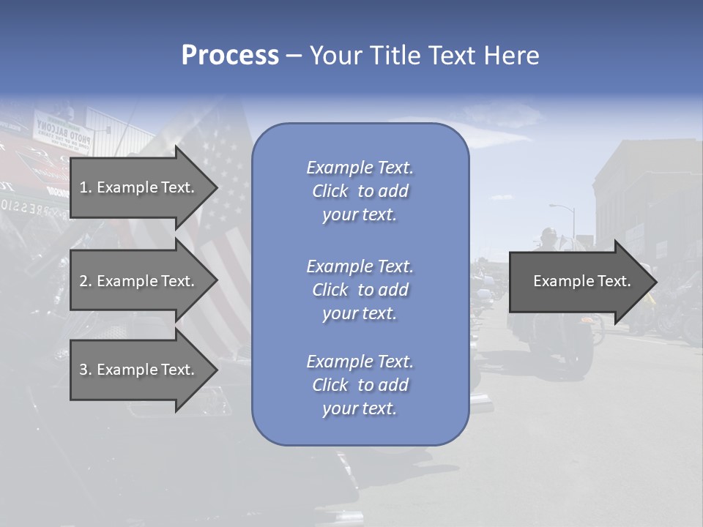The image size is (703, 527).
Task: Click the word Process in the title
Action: pos(230,56)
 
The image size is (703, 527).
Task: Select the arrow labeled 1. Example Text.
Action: pos(139,187)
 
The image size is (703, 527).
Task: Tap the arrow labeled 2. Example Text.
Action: pos(139,281)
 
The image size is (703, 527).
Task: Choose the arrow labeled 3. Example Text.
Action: pos(139,370)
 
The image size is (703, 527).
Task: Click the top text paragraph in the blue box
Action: pos(360,191)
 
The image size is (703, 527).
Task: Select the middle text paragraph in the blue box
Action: pos(360,290)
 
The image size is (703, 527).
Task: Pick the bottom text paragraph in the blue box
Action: pos(360,385)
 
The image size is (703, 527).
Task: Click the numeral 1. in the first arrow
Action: pos(86,187)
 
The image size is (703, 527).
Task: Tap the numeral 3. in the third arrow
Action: pos(86,370)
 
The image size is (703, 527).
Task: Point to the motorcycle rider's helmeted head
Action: pos(547,236)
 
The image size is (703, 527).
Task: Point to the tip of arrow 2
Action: pos(217,281)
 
